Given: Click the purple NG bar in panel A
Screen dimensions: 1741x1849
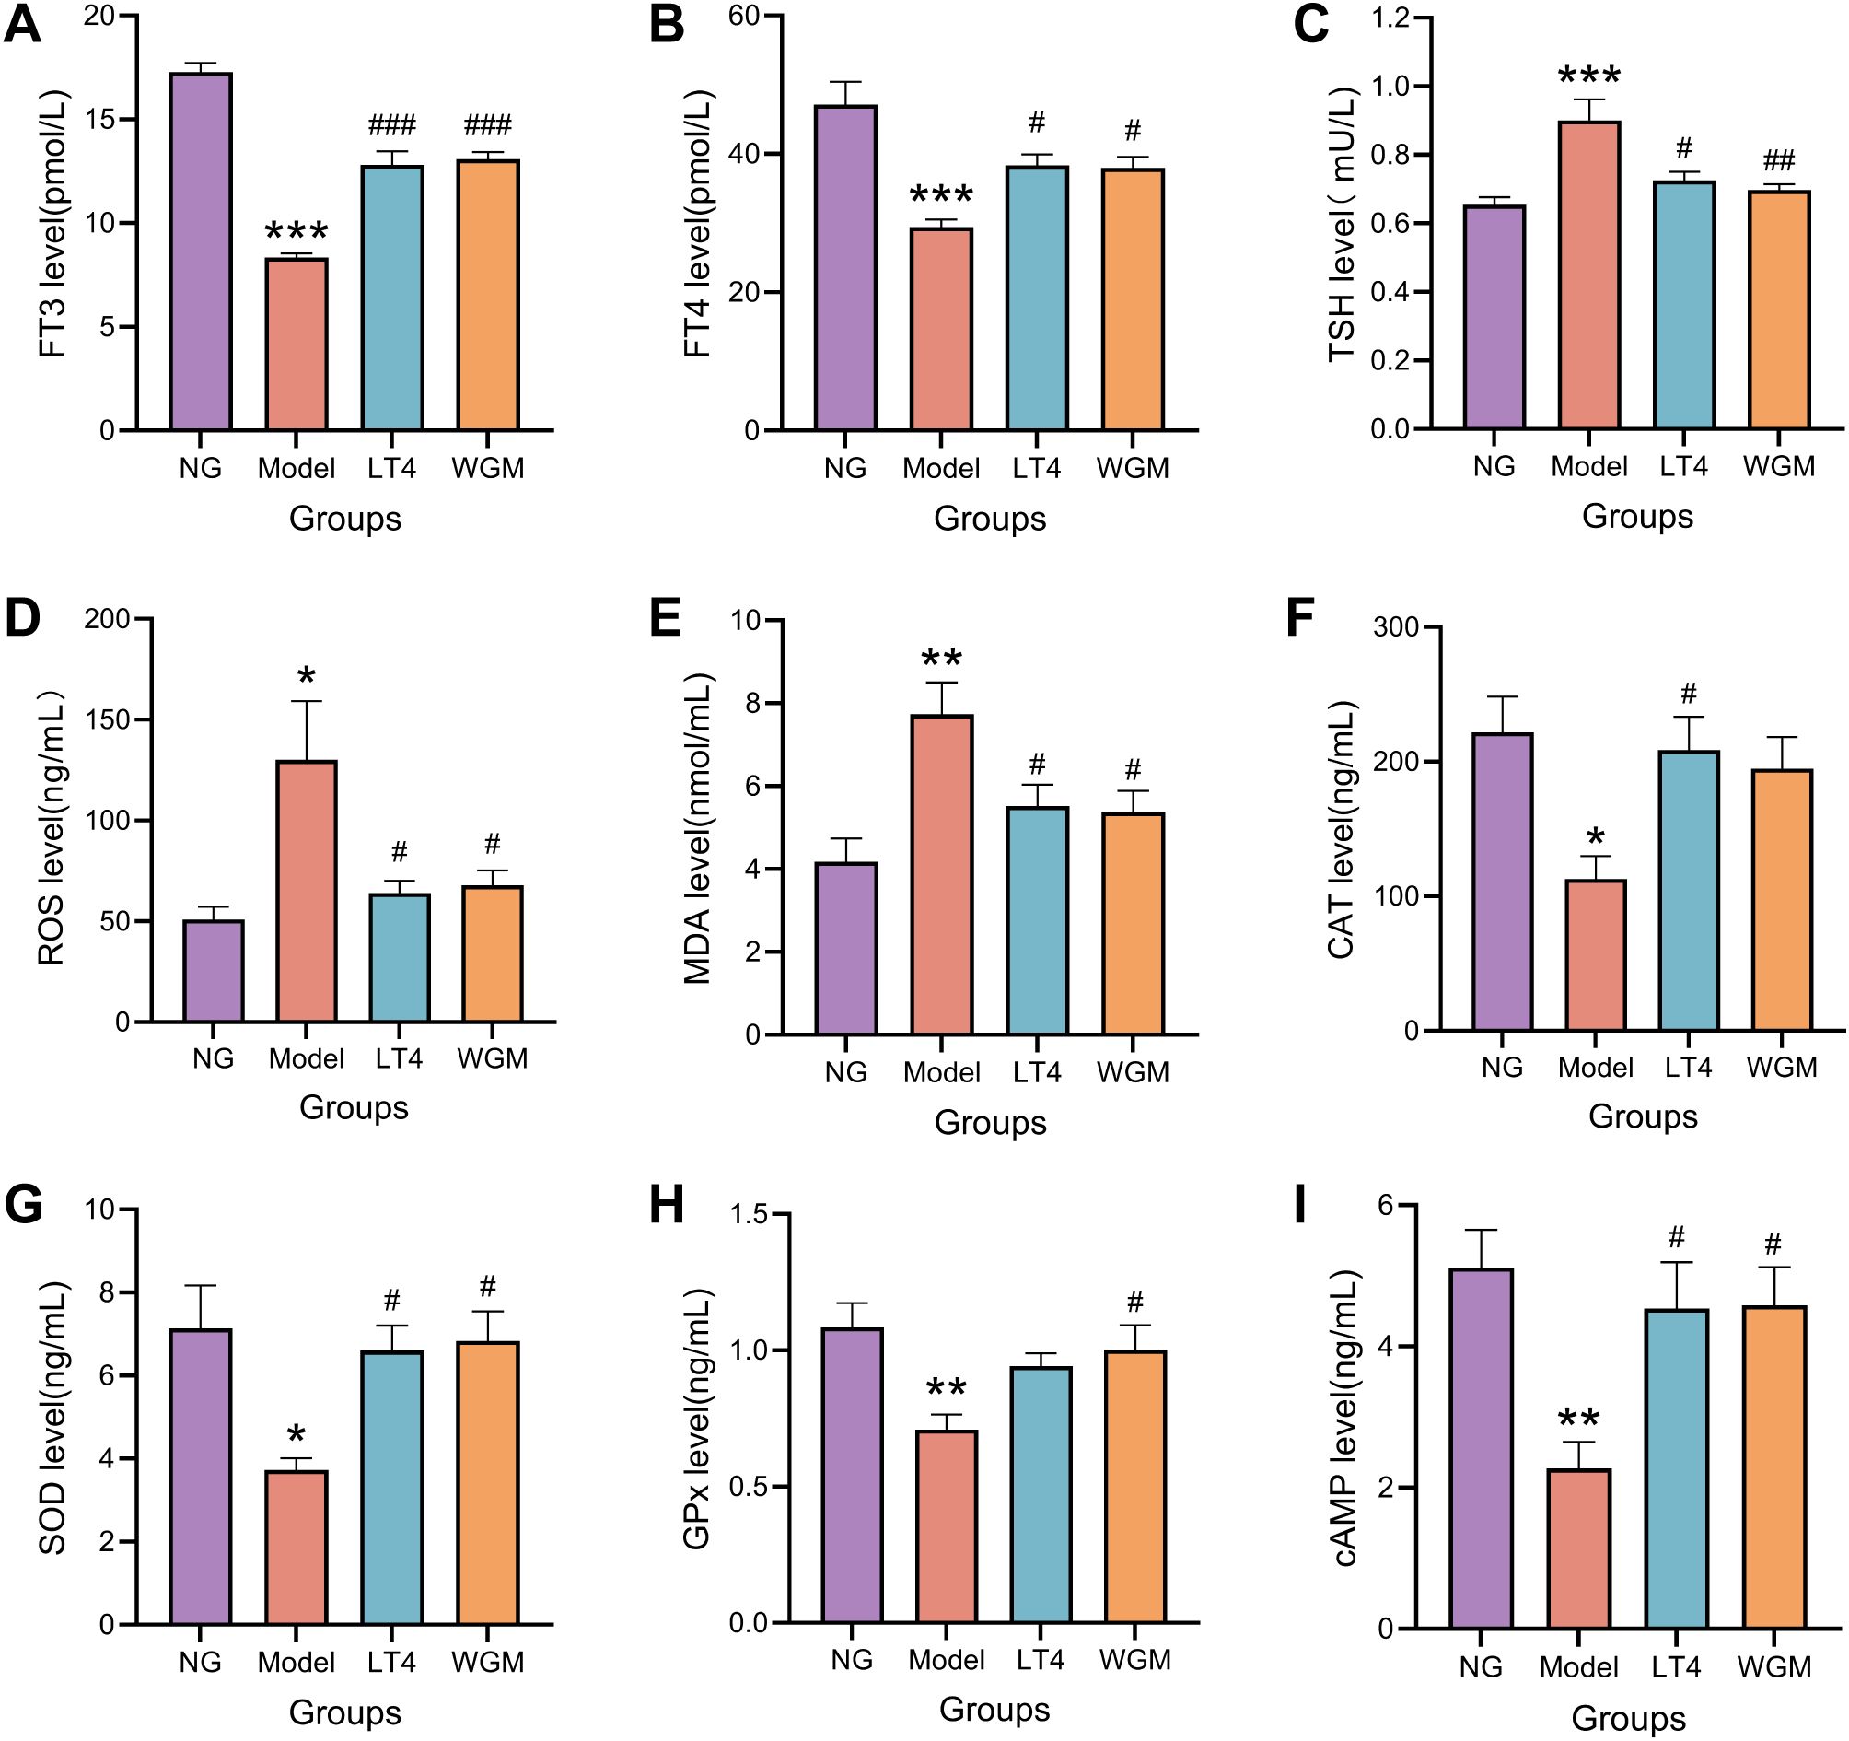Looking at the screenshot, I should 200,251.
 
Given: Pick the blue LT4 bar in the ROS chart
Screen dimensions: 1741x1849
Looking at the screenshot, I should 399,957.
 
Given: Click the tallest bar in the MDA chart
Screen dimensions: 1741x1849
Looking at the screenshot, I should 941,875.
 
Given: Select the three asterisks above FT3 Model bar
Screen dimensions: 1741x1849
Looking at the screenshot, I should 296,231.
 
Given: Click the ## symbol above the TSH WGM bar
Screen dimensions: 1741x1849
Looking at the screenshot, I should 1778,160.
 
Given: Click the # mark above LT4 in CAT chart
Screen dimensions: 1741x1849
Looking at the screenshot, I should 1688,693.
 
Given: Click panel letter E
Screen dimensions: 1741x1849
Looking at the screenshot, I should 666,617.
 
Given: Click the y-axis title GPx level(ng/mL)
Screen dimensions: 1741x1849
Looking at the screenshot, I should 697,1418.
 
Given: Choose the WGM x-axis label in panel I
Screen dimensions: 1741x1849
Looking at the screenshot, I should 1773,1666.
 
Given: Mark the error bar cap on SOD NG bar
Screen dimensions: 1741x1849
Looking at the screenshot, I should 200,1285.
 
